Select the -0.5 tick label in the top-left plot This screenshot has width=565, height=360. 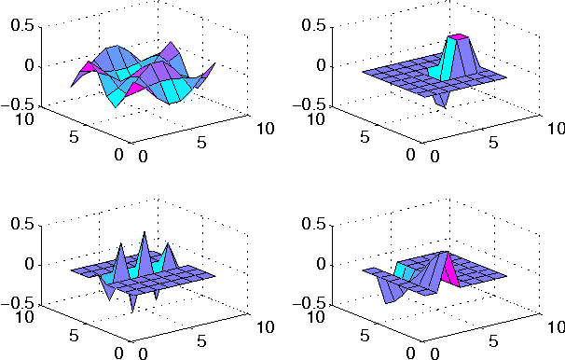click(20, 104)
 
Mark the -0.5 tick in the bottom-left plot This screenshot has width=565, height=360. click(20, 303)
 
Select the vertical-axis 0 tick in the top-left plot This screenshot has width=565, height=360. click(31, 65)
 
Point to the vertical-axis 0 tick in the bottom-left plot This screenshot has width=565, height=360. click(31, 264)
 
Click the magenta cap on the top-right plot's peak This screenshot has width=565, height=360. click(458, 37)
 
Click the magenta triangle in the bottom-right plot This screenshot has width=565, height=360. click(450, 270)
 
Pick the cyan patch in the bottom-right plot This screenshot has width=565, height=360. click(406, 270)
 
